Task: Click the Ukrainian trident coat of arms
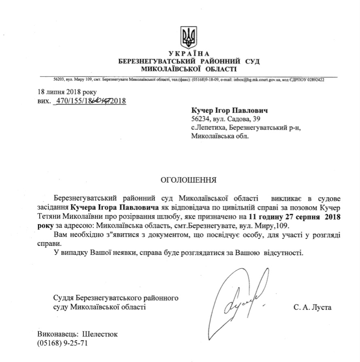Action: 188,37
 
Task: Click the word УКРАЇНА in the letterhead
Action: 188,54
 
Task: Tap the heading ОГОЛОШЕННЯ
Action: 188,179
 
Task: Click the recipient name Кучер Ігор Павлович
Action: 229,110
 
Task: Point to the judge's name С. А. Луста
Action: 313,308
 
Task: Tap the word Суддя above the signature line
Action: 63,298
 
